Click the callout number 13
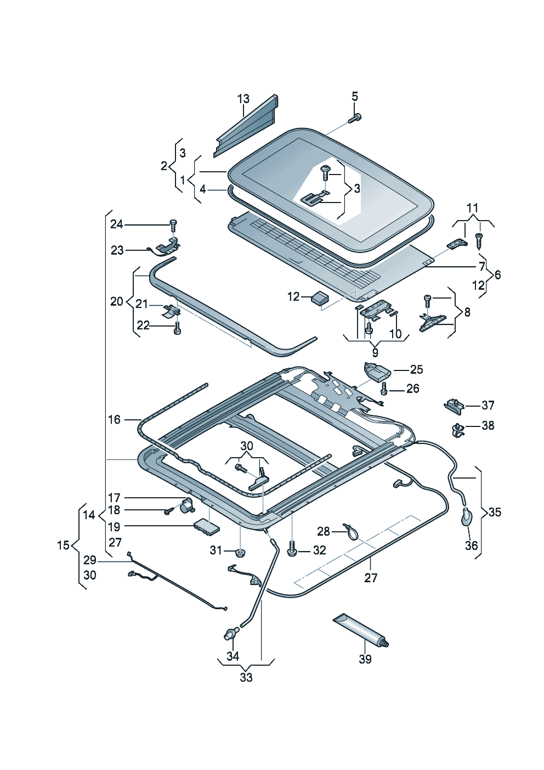click(x=243, y=99)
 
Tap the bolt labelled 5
click(x=354, y=119)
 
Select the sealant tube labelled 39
click(x=361, y=632)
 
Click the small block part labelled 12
click(x=319, y=297)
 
